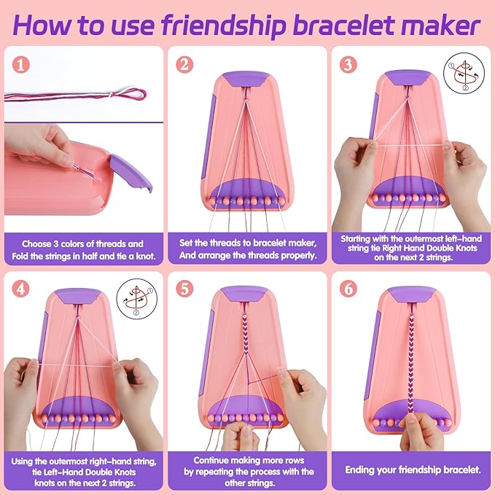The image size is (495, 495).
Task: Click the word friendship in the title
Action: tap(225, 26)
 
